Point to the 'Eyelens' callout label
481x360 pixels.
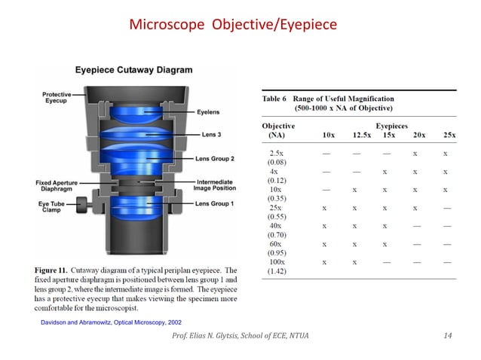point(207,112)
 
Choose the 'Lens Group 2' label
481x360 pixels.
point(214,159)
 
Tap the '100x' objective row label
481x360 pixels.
point(276,262)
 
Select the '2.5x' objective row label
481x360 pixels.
point(276,153)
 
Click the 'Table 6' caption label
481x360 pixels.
point(277,99)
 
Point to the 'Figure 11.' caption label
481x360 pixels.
point(55,270)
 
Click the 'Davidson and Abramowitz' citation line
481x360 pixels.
point(100,322)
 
